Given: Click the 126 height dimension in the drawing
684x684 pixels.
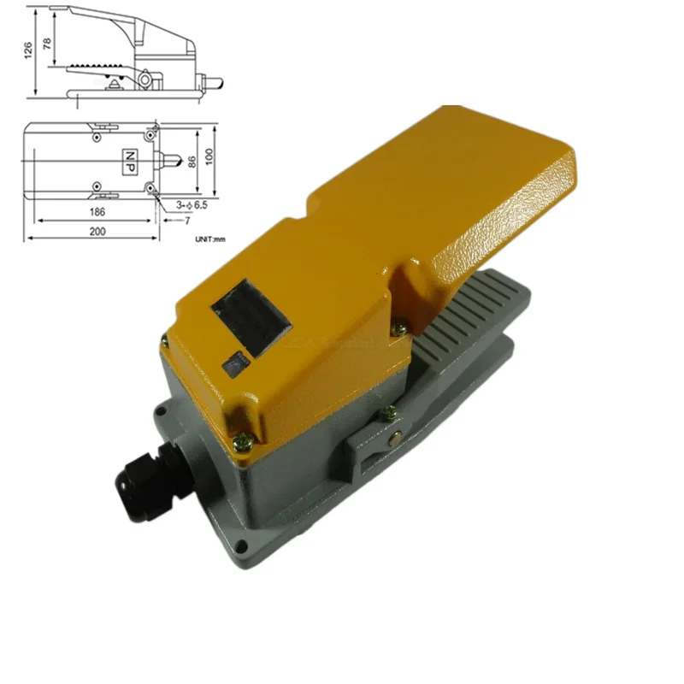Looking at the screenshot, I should click(29, 52).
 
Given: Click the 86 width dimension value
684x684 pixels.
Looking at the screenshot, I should click(192, 159).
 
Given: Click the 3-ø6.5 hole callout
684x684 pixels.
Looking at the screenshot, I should click(191, 205).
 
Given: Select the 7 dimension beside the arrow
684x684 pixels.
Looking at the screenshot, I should click(186, 221).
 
